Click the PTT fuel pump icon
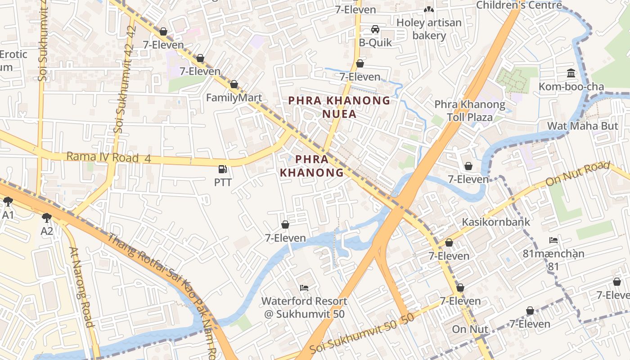(x=223, y=169)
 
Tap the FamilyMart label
(x=234, y=98)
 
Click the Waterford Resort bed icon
(x=304, y=288)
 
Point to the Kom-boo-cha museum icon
(x=571, y=73)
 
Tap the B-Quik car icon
(x=375, y=30)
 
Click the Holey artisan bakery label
(x=429, y=29)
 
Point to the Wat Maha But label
(x=582, y=126)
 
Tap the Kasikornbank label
(x=496, y=222)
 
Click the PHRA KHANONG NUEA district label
(x=339, y=107)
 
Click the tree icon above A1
(x=8, y=202)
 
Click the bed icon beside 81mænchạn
(x=553, y=240)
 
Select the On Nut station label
(x=470, y=329)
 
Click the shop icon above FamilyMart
(x=234, y=84)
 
